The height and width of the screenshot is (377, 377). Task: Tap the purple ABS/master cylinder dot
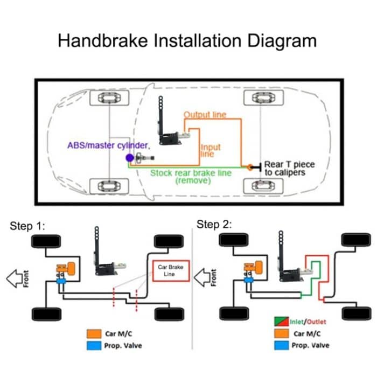pyautogui.click(x=129, y=158)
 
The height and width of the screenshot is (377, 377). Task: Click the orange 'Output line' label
pyautogui.click(x=205, y=115)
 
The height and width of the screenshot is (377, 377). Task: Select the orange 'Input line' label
pyautogui.click(x=211, y=150)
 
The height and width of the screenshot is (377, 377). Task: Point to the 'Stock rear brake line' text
pyautogui.click(x=190, y=173)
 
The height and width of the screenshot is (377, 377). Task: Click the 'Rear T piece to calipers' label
pyautogui.click(x=289, y=168)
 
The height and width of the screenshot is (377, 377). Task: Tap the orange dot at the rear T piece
pyautogui.click(x=250, y=167)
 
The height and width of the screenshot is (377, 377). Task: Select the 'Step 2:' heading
pyautogui.click(x=214, y=225)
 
